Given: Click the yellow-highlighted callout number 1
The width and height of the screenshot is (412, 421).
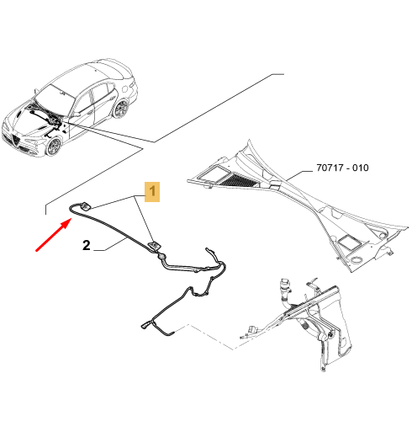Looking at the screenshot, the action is tap(152, 192).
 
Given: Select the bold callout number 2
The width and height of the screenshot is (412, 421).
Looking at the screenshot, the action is tap(87, 245).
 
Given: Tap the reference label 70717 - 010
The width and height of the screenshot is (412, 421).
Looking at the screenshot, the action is tap(342, 168).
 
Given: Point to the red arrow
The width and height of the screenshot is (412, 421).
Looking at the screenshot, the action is tap(53, 235).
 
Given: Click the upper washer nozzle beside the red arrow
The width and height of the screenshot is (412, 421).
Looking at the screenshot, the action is tap(86, 206).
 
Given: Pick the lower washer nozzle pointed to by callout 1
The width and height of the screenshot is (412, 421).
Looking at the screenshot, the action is tap(153, 246).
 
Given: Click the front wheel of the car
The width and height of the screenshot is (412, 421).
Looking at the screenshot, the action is tap(53, 147).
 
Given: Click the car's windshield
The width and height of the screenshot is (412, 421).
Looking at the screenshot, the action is tap(55, 95).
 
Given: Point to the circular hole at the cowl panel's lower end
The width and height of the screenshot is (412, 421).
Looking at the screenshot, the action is tap(357, 260).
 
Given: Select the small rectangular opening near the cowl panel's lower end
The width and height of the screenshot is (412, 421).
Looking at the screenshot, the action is tap(349, 242).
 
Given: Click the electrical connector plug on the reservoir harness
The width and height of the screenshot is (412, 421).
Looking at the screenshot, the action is tap(254, 329).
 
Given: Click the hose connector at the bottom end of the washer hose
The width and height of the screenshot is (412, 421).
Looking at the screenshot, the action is tap(145, 326).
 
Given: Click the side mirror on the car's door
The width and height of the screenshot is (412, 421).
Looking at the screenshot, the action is tap(77, 114).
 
